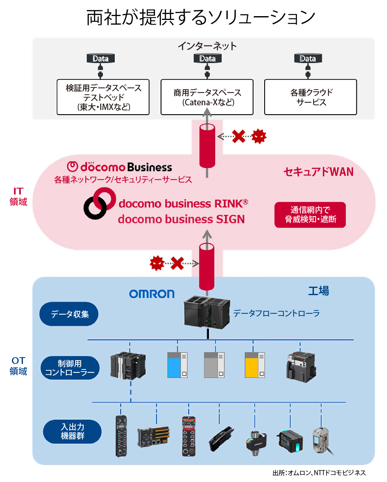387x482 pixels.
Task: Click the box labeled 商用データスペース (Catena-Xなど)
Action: click(x=207, y=97)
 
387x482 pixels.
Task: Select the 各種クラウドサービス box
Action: click(x=311, y=97)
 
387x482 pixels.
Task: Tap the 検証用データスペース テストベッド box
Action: click(x=103, y=97)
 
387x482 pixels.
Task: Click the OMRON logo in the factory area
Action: click(x=152, y=294)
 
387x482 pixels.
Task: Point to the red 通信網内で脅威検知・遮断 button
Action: click(x=310, y=215)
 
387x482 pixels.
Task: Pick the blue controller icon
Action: click(x=177, y=365)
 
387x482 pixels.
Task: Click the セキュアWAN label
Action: click(x=318, y=172)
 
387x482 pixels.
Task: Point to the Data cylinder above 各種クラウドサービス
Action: click(x=308, y=59)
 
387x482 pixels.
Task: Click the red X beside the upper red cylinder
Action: click(x=239, y=136)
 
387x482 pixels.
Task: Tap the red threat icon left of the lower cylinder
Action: click(x=157, y=264)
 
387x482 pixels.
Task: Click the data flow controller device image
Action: click(x=207, y=313)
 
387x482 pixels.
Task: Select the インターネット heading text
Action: click(x=207, y=46)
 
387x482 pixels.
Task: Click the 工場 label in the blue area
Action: click(x=318, y=291)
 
